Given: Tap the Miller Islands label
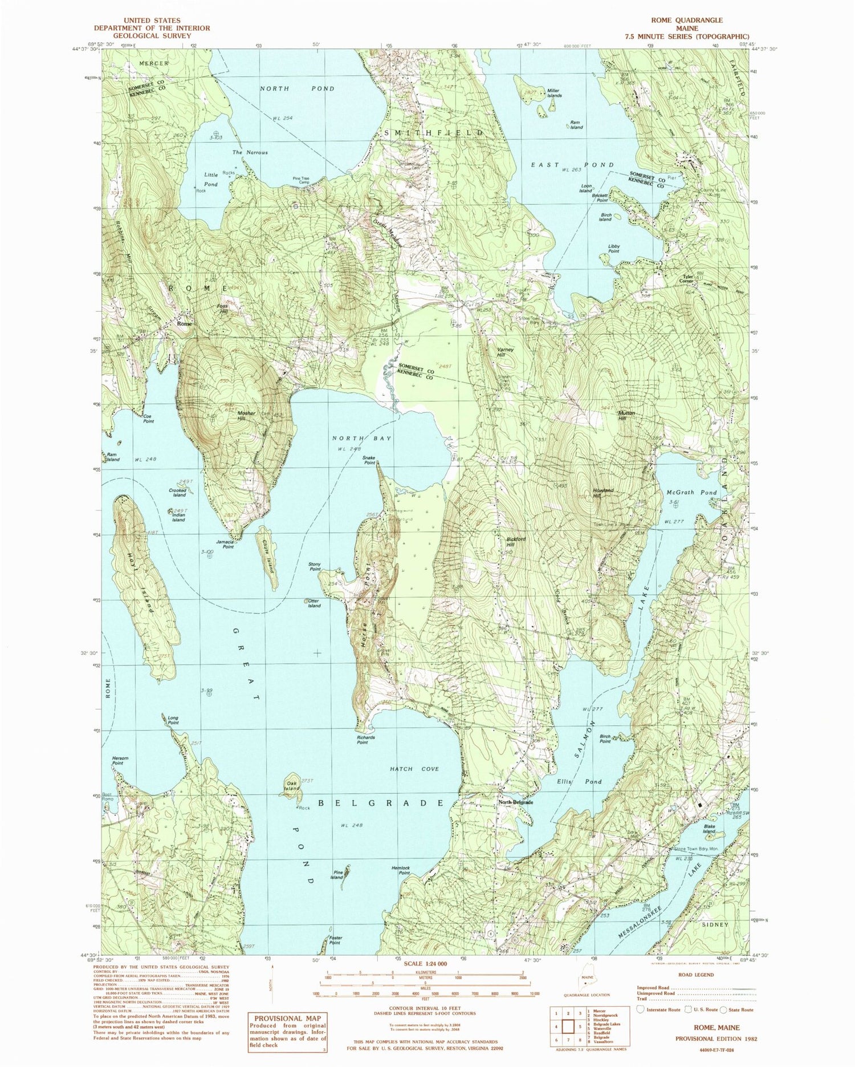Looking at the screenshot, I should point(553,93).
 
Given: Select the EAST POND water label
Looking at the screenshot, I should point(573,165).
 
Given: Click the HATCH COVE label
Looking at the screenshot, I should point(414,769).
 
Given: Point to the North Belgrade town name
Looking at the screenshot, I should point(515,802).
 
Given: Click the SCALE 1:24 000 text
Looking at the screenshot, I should point(425,963).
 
